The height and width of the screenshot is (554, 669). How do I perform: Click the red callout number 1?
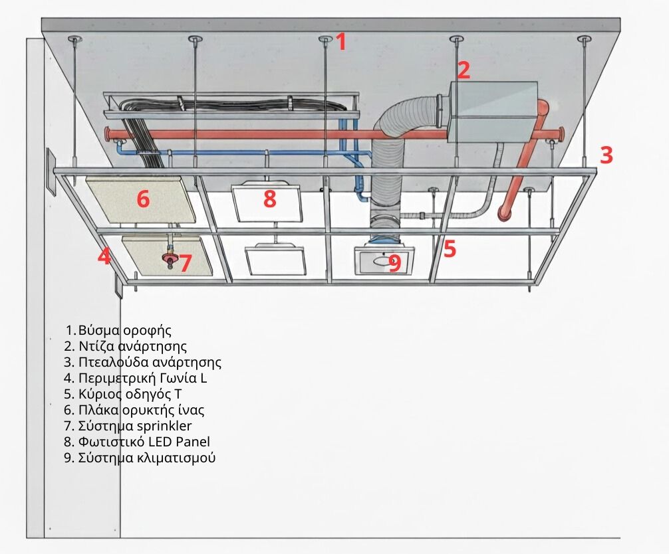pyautogui.click(x=341, y=42)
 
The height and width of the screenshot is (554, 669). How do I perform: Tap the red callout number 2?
pyautogui.click(x=464, y=70)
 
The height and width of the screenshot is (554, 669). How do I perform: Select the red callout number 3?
pyautogui.click(x=606, y=155)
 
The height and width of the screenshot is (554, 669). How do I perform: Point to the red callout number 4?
pyautogui.click(x=104, y=256)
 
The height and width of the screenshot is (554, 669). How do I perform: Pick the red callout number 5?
pyautogui.click(x=450, y=248)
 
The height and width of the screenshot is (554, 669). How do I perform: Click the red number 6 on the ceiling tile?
pyautogui.click(x=144, y=199)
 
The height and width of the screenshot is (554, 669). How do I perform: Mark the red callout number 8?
pyautogui.click(x=269, y=199)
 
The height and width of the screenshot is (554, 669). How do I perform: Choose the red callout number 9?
pyautogui.click(x=394, y=263)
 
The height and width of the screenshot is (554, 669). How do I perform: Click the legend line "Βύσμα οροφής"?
pyautogui.click(x=119, y=330)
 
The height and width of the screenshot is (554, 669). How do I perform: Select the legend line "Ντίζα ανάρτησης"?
pyautogui.click(x=126, y=346)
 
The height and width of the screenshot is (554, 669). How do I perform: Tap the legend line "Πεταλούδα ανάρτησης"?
pyautogui.click(x=142, y=362)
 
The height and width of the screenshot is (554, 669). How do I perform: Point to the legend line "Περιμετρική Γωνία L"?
pyautogui.click(x=136, y=378)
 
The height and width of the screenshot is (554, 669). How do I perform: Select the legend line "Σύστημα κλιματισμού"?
pyautogui.click(x=140, y=458)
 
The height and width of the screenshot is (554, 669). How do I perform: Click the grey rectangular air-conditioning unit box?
pyautogui.click(x=492, y=112)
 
